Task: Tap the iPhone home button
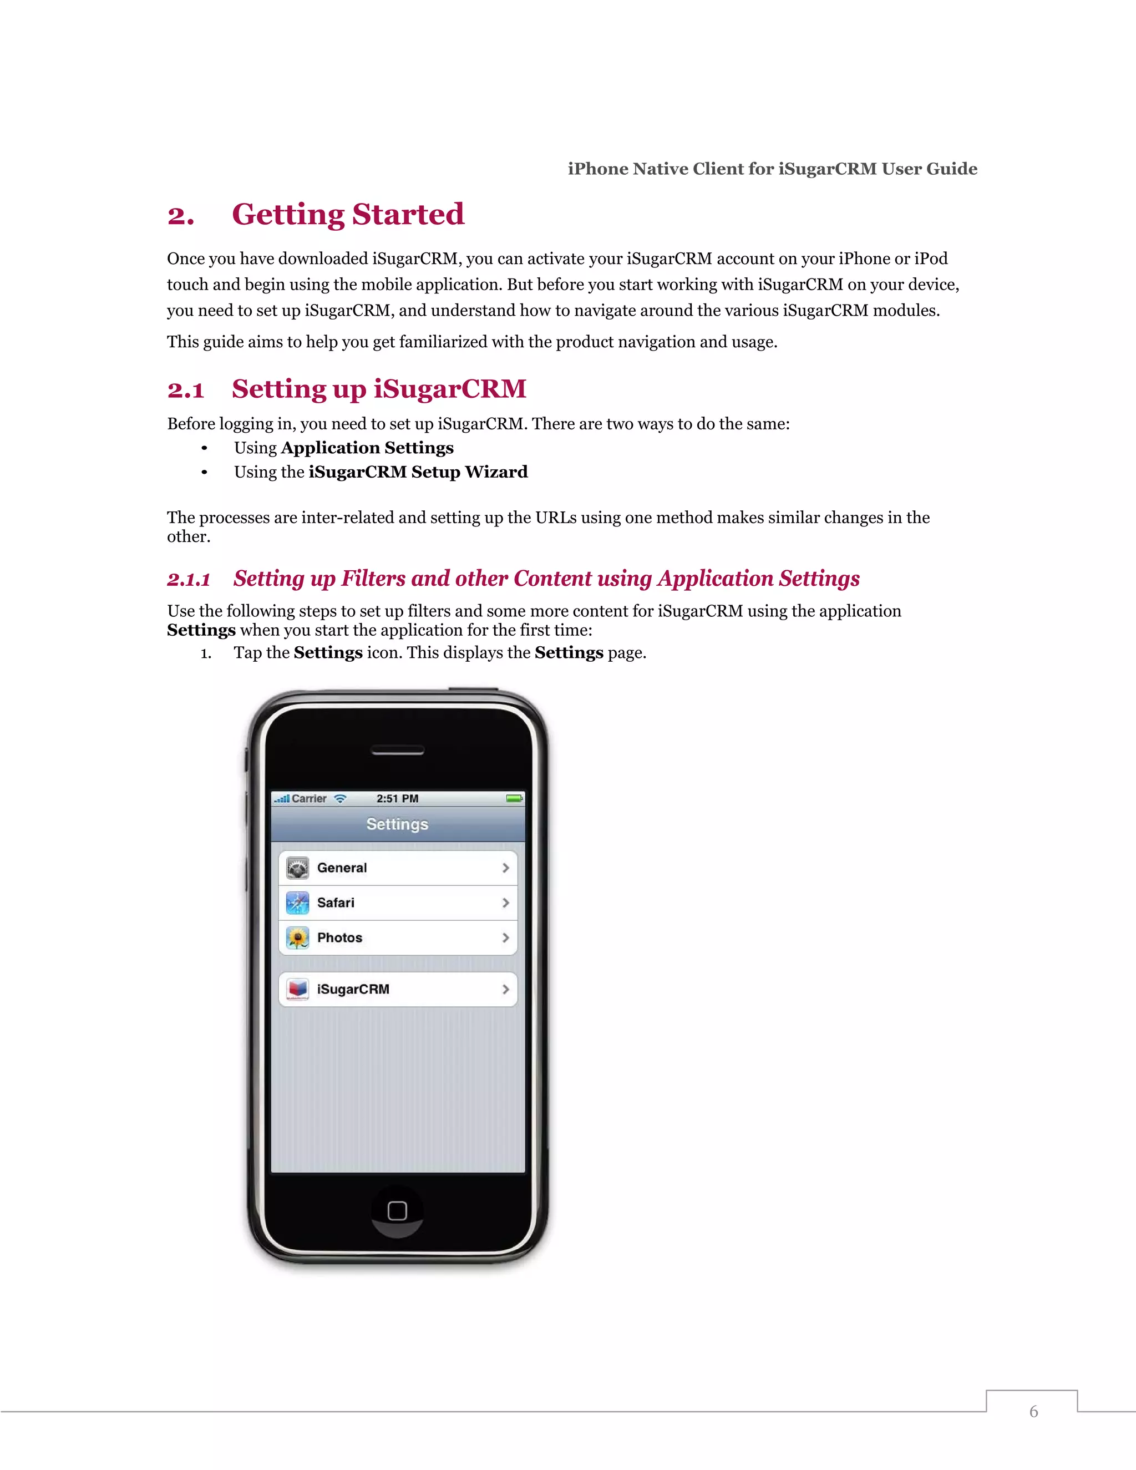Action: (397, 1211)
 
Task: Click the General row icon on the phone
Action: (297, 868)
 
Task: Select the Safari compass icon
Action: (297, 903)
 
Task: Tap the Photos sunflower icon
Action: (297, 937)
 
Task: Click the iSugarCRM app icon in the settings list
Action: (297, 989)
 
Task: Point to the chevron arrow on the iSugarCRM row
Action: (505, 989)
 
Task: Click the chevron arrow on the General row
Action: (505, 868)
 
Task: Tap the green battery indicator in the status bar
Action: (514, 798)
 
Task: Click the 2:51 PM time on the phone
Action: (397, 798)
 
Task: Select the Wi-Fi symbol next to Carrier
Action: (341, 798)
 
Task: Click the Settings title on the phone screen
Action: (397, 824)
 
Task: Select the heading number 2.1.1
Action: (189, 579)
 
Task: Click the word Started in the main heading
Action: (408, 214)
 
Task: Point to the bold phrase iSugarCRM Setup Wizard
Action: (418, 472)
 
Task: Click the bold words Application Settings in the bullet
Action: (367, 448)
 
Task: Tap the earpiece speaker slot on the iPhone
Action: (397, 751)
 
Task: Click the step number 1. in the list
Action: (206, 653)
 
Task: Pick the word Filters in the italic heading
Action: (373, 578)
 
